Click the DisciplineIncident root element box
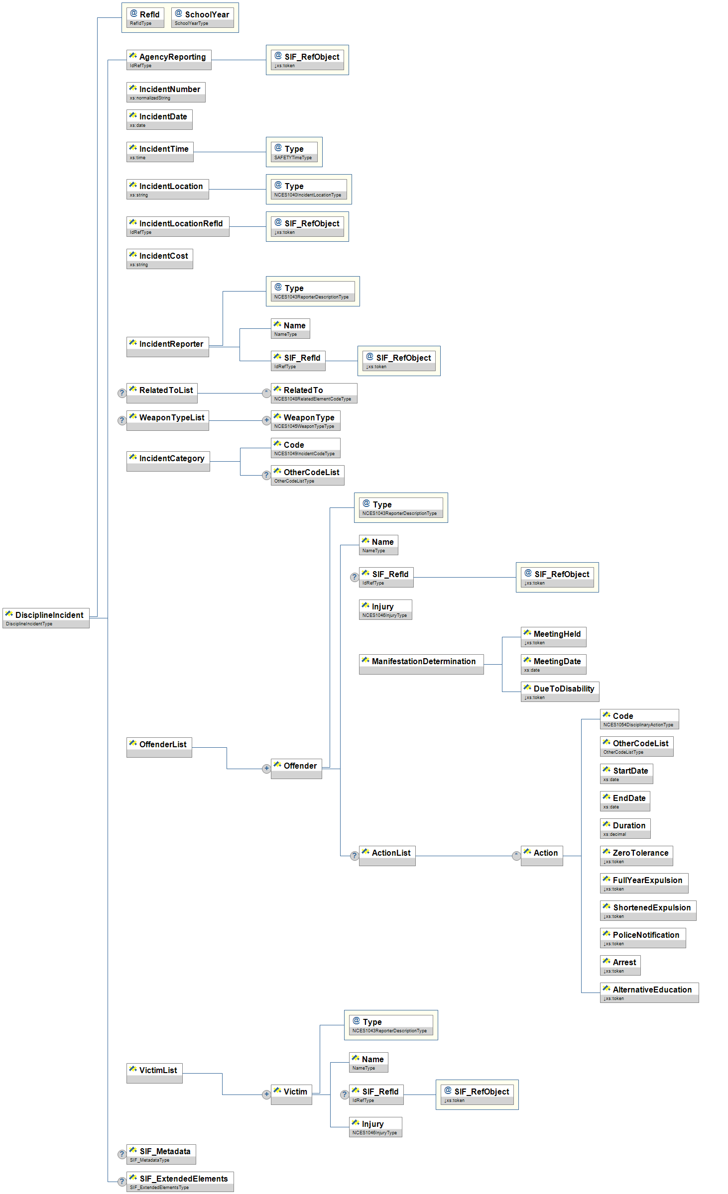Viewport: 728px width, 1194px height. click(46, 617)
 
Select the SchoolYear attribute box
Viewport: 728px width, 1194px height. click(202, 17)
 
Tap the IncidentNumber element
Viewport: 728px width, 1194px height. click(166, 92)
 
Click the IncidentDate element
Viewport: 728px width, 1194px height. click(159, 119)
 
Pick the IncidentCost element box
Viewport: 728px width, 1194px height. click(159, 259)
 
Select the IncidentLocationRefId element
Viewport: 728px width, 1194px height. click(178, 226)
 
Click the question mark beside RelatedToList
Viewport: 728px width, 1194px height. click(121, 393)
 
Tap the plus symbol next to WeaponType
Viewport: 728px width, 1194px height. click(266, 420)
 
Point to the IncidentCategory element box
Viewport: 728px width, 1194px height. click(168, 461)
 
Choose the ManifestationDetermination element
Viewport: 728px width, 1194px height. click(421, 664)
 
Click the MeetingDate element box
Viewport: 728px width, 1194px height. click(553, 664)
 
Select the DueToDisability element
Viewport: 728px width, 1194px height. click(560, 692)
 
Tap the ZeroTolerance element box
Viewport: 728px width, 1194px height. click(636, 856)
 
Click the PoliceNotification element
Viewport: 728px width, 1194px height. click(642, 938)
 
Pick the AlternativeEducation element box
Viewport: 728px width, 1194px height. click(649, 993)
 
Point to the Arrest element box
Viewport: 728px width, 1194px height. click(620, 965)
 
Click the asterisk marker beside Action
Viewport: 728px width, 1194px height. click(516, 856)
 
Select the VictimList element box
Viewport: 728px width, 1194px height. click(154, 1073)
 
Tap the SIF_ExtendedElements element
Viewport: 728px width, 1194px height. click(180, 1182)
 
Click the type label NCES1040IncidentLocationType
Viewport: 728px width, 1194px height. click(308, 195)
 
